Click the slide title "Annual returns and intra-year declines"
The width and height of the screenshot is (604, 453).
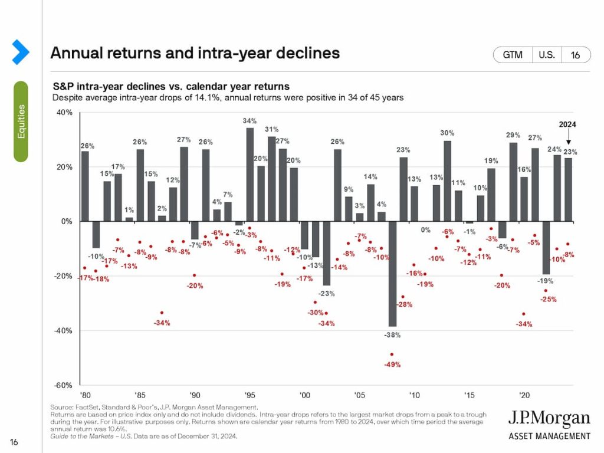[195, 53]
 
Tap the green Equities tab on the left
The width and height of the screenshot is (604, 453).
[21, 121]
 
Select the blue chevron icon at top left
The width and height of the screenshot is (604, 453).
[21, 52]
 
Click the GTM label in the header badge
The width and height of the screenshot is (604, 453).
[513, 55]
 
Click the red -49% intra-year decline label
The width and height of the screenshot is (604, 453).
[392, 365]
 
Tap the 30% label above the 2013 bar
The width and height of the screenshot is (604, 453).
[447, 133]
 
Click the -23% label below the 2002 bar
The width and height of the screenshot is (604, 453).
[327, 293]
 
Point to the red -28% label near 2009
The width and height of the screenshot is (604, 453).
[404, 304]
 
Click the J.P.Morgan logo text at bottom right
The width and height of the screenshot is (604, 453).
[549, 420]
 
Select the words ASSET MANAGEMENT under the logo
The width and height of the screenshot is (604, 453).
[549, 436]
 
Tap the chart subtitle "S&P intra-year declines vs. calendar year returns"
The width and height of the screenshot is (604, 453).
[171, 87]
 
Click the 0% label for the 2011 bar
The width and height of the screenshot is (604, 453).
[425, 230]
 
